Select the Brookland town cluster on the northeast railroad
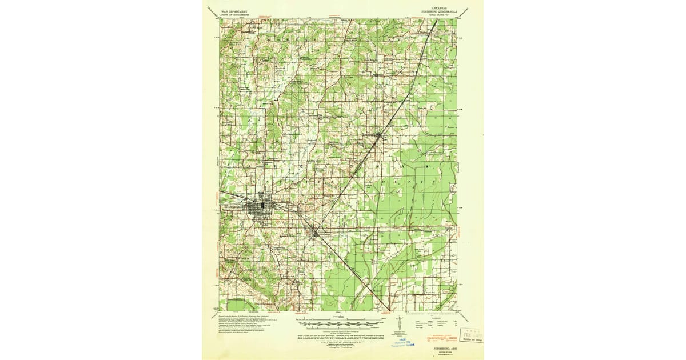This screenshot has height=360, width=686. point(378,135)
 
